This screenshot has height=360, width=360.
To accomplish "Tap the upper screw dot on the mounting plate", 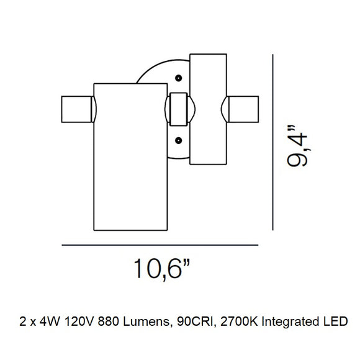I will [179, 78].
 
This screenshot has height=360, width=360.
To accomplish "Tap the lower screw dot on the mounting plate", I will [179, 140].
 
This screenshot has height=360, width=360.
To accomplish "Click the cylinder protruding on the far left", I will [75, 110].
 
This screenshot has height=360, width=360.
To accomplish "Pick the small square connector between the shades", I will [178, 109].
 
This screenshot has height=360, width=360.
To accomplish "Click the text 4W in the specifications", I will [45, 322].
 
